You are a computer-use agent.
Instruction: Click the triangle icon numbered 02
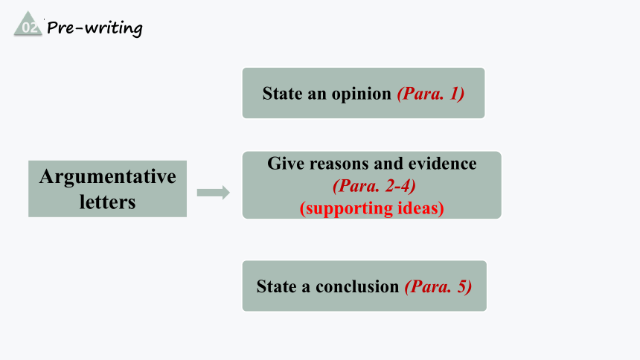pos(28,25)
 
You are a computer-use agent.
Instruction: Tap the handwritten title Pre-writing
pos(95,28)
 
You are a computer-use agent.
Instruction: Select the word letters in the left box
pos(107,202)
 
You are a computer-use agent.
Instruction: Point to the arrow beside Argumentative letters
pos(213,192)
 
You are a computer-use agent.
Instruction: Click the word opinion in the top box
pos(361,94)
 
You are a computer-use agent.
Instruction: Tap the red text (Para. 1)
pos(431,94)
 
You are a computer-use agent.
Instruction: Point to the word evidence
pos(443,164)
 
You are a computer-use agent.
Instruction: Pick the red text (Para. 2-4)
pos(374,186)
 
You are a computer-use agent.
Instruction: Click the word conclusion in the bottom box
pos(357,286)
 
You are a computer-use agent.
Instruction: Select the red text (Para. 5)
pos(438,286)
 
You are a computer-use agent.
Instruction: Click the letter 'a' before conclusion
pos(306,288)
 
